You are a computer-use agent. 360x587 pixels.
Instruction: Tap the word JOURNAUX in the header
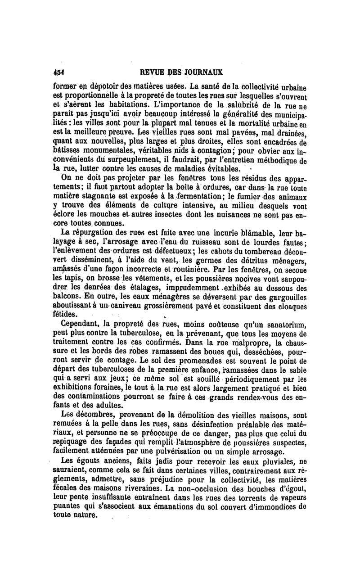(x=202, y=72)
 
